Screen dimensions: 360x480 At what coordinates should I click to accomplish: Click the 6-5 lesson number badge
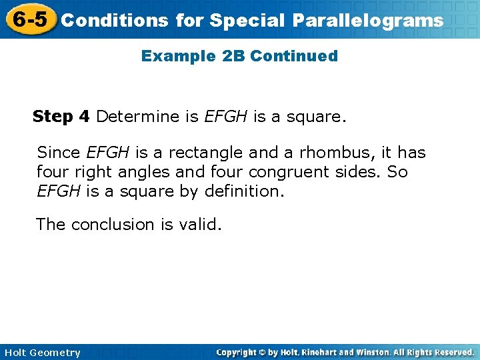(x=29, y=19)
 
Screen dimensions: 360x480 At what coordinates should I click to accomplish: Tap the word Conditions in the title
(x=114, y=21)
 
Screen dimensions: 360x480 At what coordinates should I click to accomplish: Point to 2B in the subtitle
(x=233, y=56)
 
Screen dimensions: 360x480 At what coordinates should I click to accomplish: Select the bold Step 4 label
(x=61, y=117)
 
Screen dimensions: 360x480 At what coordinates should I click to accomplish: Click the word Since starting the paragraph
(x=59, y=153)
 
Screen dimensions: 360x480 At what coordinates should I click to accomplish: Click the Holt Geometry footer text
(x=42, y=353)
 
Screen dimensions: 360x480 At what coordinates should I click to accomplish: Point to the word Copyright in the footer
(x=241, y=352)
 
